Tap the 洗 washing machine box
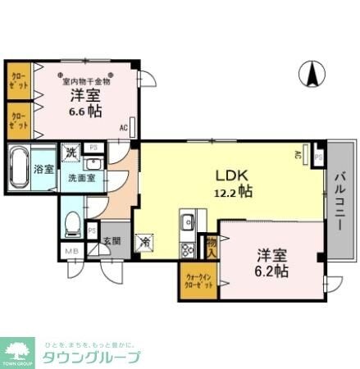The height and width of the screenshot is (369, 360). pos(72,152)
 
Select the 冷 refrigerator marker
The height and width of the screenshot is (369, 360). pos(145,242)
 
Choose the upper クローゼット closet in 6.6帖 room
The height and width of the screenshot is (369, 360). pos(18,80)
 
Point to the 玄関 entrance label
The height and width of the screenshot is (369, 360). pos(112,241)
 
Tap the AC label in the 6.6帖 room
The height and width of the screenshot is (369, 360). pos(123,128)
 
